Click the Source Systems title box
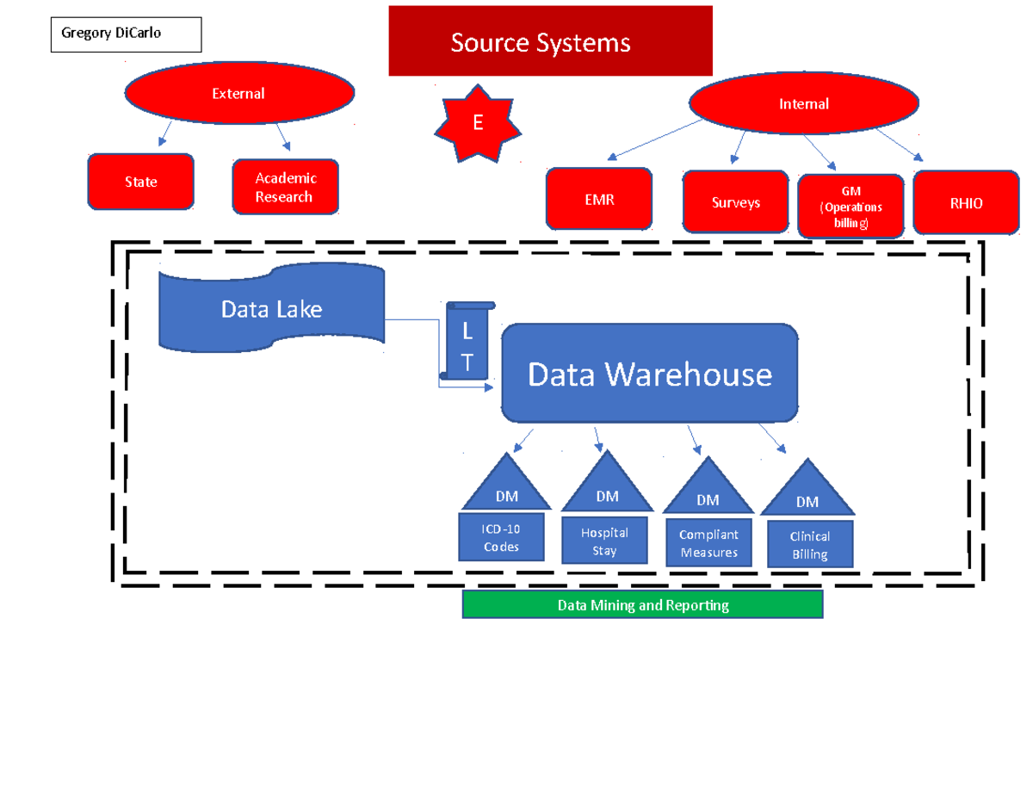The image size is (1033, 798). (x=550, y=41)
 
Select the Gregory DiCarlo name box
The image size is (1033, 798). (x=126, y=34)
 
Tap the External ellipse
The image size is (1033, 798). (x=239, y=93)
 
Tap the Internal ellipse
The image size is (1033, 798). (x=803, y=104)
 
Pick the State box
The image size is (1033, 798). (x=140, y=182)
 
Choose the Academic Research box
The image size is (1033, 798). (x=285, y=187)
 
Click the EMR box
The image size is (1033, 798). (x=599, y=200)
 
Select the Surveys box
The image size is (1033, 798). (x=736, y=202)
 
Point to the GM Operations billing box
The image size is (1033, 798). (x=851, y=207)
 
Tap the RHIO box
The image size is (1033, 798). (x=966, y=203)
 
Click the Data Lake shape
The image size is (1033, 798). (x=271, y=309)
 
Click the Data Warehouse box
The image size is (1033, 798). (x=650, y=374)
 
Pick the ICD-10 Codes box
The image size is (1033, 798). (x=501, y=538)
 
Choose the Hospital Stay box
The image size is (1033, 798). (x=604, y=541)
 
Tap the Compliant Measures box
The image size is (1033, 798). (x=708, y=543)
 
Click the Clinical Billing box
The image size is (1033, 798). (x=810, y=545)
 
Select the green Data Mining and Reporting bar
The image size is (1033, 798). (x=642, y=605)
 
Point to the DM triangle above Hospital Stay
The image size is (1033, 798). (x=607, y=486)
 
